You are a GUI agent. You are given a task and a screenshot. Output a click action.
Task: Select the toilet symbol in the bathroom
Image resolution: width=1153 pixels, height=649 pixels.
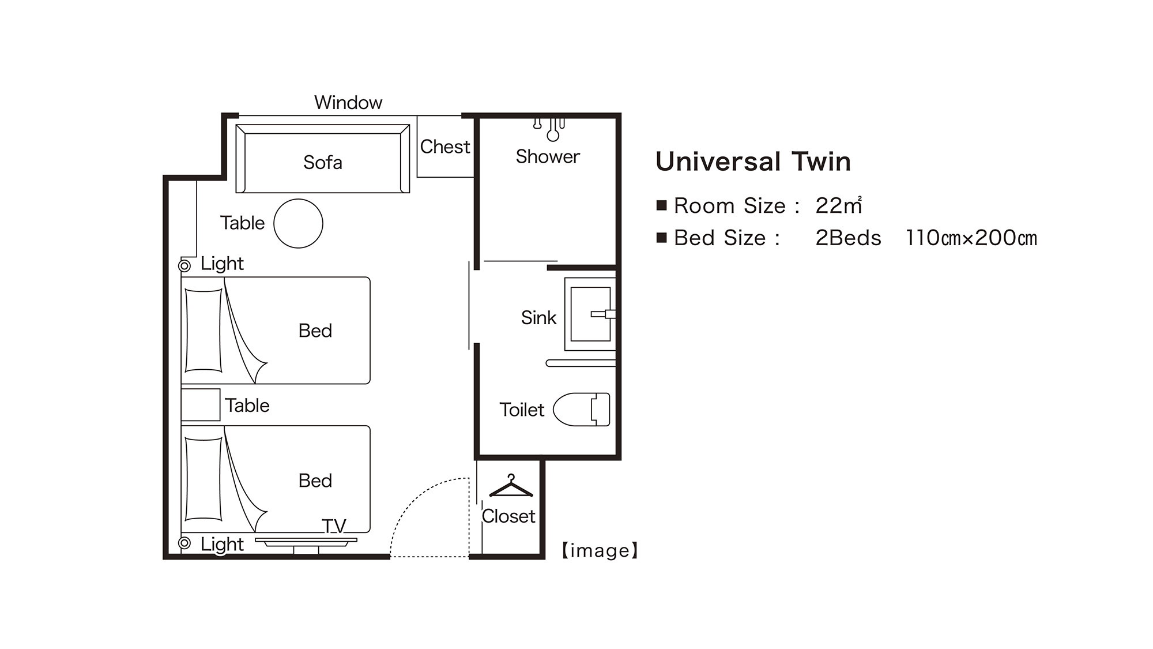coord(581,410)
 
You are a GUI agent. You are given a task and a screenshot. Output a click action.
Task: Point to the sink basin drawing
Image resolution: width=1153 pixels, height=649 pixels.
coord(590,314)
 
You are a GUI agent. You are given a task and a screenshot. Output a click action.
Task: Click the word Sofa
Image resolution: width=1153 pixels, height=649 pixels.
coord(323,163)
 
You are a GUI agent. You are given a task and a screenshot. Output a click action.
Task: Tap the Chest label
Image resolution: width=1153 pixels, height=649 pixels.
coord(445,147)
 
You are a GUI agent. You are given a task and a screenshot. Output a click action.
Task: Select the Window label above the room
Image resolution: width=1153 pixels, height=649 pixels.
coord(348,103)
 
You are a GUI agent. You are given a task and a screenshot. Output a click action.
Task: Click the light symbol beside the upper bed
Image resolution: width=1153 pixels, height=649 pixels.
coord(184,266)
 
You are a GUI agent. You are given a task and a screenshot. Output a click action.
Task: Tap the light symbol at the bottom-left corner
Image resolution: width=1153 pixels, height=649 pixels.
coord(184,543)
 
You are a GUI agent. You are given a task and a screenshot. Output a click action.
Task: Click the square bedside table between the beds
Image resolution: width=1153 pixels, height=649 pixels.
coord(201,404)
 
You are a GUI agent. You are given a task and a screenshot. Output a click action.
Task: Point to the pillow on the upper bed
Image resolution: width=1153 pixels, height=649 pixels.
coord(204,331)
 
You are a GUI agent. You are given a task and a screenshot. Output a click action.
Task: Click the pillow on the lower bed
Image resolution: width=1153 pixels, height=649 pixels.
coord(204,479)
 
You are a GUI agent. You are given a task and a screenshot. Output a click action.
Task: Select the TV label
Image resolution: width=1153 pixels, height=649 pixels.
coord(334,526)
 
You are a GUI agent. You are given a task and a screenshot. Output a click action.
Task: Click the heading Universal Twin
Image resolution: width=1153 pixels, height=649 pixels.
coord(753,162)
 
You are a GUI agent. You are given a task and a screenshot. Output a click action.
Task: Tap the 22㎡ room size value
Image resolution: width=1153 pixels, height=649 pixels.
coord(839,205)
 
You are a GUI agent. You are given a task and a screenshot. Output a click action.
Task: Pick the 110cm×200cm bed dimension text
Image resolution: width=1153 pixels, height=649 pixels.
coord(971,238)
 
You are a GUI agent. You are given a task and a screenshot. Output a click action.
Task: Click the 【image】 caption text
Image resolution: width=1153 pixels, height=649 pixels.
coord(600,550)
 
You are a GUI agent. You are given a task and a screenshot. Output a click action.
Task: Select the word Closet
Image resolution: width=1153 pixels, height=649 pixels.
coord(508,516)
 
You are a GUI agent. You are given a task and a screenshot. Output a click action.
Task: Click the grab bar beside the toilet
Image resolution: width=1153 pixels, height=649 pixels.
coord(581,363)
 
